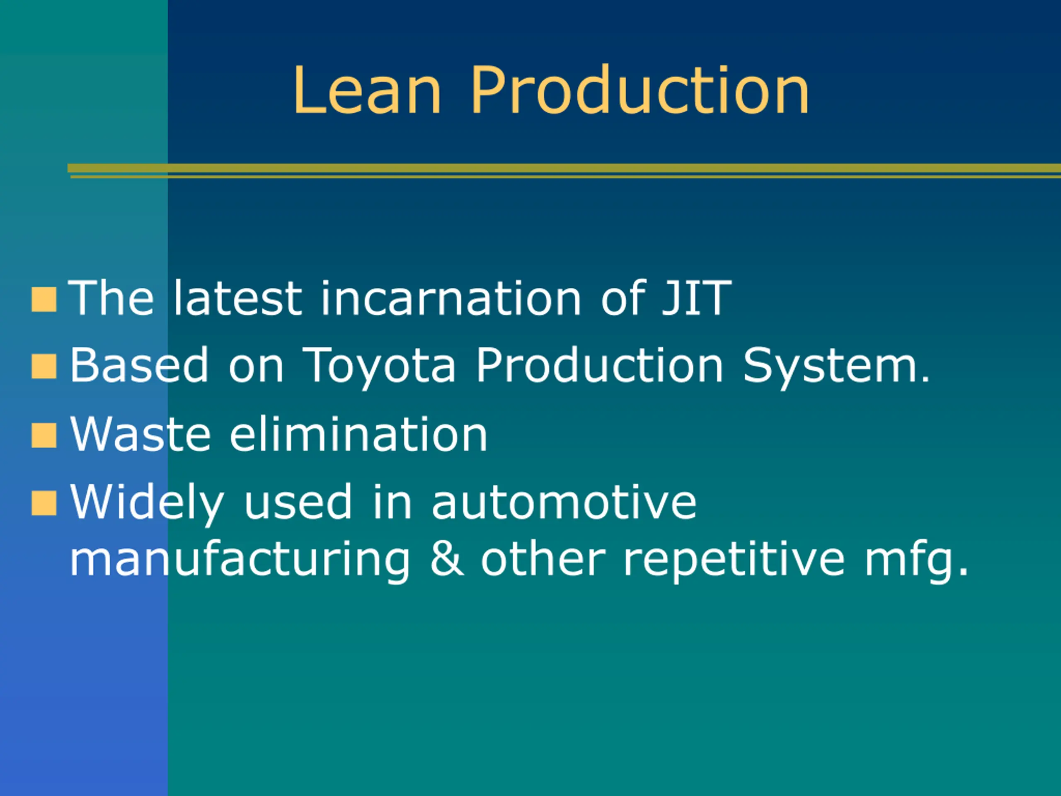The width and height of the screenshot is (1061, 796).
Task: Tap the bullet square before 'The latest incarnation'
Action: (x=44, y=300)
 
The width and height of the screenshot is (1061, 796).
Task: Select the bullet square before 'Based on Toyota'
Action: (x=44, y=367)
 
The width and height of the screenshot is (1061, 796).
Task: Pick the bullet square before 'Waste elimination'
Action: (x=44, y=436)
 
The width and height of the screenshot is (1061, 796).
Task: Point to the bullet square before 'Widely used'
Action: (x=44, y=503)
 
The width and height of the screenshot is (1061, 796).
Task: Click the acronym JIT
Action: (x=696, y=298)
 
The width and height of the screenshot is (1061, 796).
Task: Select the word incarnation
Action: (x=451, y=298)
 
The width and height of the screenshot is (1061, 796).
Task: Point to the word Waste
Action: (x=140, y=434)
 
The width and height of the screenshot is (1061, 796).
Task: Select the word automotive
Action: (x=564, y=503)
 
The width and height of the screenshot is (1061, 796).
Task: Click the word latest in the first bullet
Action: (x=238, y=298)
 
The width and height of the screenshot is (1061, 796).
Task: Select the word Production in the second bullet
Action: (x=600, y=366)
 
